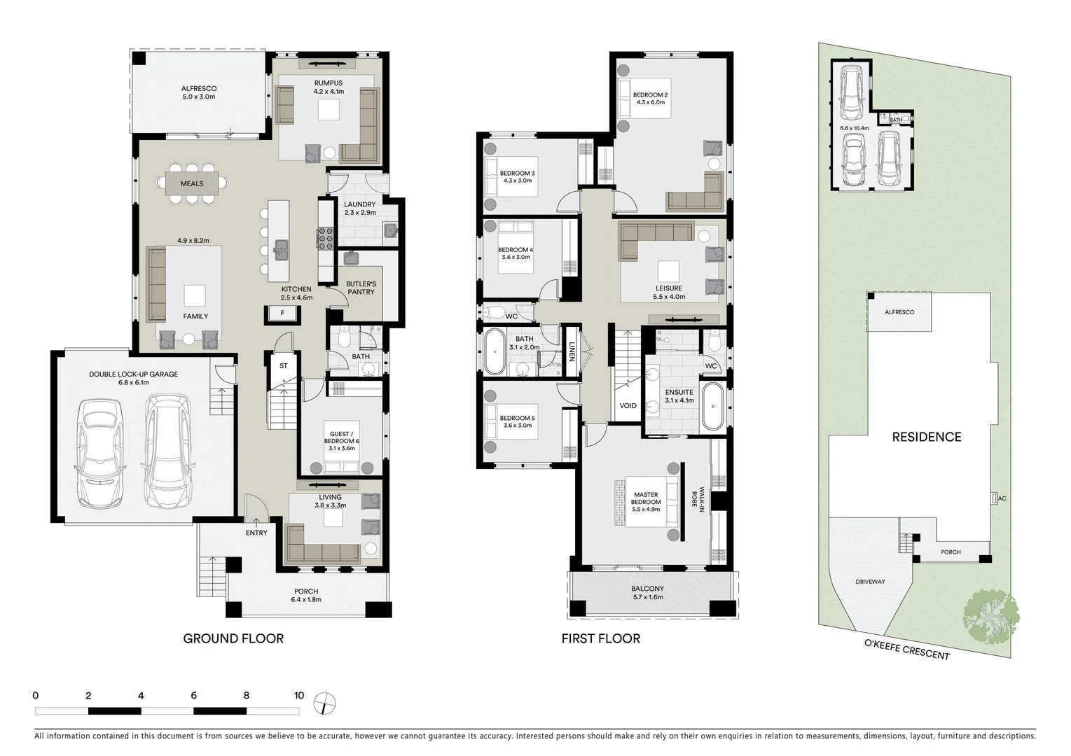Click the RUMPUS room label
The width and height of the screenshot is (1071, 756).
click(x=328, y=83)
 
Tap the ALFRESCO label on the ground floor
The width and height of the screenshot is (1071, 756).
click(x=199, y=89)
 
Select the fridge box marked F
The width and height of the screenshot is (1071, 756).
click(x=282, y=314)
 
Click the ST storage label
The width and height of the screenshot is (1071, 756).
click(x=284, y=366)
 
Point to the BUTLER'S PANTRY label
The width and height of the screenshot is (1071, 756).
click(x=361, y=288)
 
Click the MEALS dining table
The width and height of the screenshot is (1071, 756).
click(x=192, y=183)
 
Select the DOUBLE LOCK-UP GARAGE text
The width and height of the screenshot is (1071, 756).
click(x=133, y=374)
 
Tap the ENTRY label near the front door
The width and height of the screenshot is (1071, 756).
click(x=256, y=533)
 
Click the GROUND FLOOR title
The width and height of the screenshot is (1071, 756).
click(x=233, y=638)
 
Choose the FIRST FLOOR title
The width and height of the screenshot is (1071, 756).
click(x=600, y=638)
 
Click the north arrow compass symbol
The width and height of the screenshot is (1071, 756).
click(x=325, y=702)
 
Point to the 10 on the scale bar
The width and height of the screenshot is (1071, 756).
click(x=299, y=696)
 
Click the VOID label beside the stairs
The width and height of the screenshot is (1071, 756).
click(x=628, y=406)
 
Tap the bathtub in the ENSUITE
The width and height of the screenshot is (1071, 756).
click(x=713, y=406)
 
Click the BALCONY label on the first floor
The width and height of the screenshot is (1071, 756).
click(x=647, y=589)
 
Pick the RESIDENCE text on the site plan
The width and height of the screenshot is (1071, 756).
click(x=926, y=437)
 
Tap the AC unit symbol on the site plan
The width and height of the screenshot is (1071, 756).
click(x=994, y=498)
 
